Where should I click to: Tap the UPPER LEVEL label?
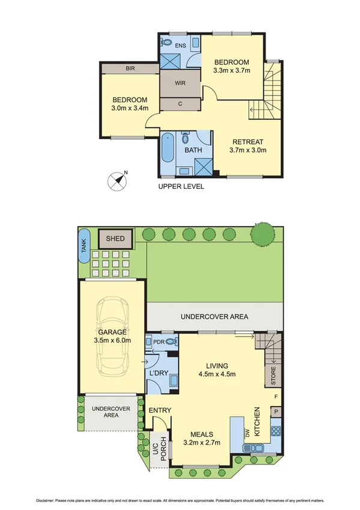click(181, 186)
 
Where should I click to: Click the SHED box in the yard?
click(115, 239)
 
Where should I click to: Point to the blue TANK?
click(84, 246)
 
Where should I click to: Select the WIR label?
click(180, 83)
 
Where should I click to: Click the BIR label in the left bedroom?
click(130, 69)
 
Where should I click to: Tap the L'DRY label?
click(158, 373)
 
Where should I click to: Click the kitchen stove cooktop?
click(276, 430)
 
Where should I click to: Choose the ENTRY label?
click(161, 411)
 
